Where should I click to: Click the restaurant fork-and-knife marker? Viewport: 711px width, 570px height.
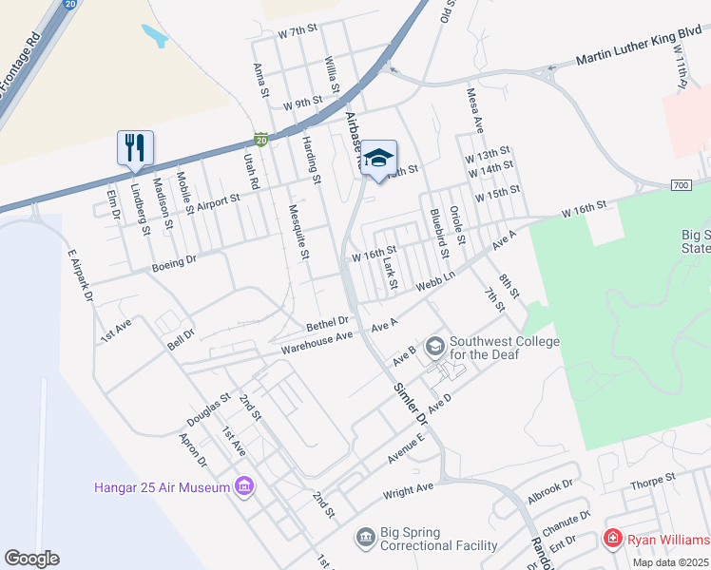[135, 147]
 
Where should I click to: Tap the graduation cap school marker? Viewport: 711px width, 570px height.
[378, 158]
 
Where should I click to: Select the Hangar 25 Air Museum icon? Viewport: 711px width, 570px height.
[245, 486]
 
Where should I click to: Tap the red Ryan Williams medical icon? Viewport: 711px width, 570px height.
[613, 539]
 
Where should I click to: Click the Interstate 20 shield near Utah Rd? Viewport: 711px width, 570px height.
[261, 140]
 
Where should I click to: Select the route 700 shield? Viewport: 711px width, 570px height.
[680, 184]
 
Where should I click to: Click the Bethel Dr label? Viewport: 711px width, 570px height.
[327, 324]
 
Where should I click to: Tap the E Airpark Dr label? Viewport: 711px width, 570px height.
[81, 276]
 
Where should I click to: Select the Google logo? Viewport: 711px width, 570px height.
[31, 559]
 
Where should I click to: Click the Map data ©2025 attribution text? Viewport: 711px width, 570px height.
[671, 562]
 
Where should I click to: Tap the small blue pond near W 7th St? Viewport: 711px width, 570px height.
[155, 36]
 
